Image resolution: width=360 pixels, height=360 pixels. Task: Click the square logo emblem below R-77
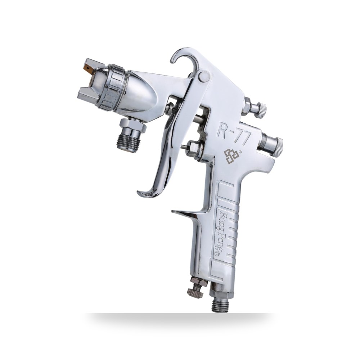(231, 155)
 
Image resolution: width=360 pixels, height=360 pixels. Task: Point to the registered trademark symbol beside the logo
(240, 152)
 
